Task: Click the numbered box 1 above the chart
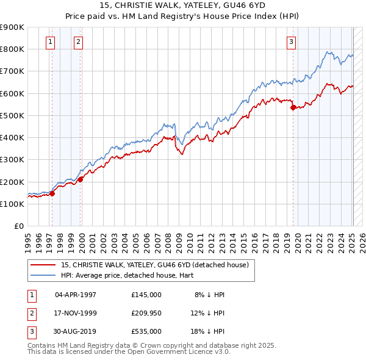pos(49,42)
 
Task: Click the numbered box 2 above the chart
pos(79,42)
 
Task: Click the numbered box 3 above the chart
pos(291,42)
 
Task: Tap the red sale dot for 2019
pos(293,107)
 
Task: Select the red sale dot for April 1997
pos(52,194)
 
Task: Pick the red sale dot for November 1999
pos(81,179)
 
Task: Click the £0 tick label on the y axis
pos(18,226)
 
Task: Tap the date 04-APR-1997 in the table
pos(75,295)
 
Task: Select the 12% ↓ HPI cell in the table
pos(207,312)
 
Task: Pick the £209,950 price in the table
pos(146,312)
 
